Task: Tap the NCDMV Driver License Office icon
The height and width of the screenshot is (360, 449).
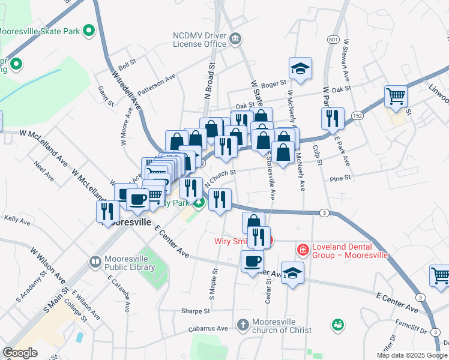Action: pyautogui.click(x=235, y=39)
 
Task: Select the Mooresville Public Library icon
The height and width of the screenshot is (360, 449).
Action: pyautogui.click(x=95, y=262)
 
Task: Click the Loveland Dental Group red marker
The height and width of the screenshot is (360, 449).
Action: pyautogui.click(x=303, y=248)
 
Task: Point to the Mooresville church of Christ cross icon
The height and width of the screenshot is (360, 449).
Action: pyautogui.click(x=243, y=325)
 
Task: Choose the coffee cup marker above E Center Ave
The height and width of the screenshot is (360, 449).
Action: pyautogui.click(x=252, y=261)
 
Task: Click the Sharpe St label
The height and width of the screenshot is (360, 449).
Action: pyautogui.click(x=196, y=311)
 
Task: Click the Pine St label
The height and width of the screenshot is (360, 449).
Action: pyautogui.click(x=340, y=178)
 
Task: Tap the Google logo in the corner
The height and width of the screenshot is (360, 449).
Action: pyautogui.click(x=20, y=353)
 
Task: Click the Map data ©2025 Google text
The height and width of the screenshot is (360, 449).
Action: pyautogui.click(x=411, y=355)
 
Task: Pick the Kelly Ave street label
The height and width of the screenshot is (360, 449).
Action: pyautogui.click(x=17, y=221)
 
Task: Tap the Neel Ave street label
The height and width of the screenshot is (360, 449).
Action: pyautogui.click(x=44, y=171)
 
